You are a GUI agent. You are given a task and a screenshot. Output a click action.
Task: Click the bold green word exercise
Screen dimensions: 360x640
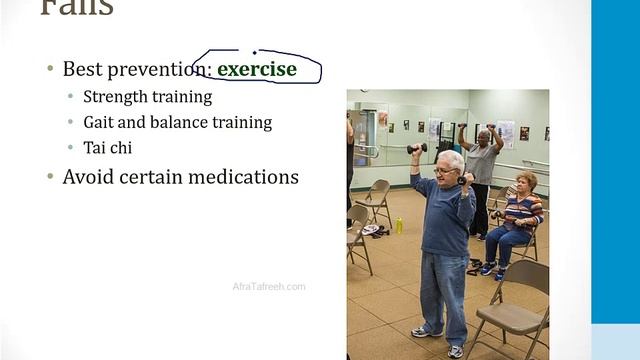[257, 69]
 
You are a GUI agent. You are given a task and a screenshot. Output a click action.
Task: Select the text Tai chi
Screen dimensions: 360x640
[108, 147]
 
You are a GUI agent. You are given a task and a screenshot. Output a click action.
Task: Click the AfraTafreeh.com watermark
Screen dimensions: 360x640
[269, 287]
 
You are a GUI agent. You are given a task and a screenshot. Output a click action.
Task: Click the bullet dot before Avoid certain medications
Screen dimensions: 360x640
[51, 177]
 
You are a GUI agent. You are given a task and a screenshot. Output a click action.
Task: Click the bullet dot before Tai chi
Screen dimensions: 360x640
[70, 148]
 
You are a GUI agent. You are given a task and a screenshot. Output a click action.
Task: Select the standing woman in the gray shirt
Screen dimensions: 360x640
[482, 165]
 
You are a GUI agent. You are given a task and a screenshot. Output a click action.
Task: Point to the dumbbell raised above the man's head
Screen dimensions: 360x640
[416, 148]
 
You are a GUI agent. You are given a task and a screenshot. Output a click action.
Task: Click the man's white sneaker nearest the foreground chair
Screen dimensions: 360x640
[456, 350]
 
